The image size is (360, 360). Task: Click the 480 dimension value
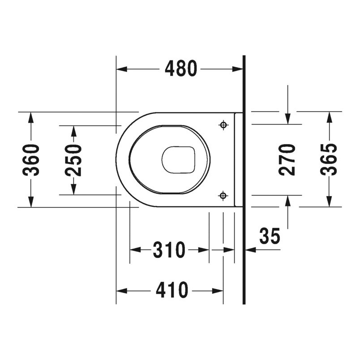pos(181,69)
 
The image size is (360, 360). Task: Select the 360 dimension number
pos(32,160)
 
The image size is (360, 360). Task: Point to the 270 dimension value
pos(287,160)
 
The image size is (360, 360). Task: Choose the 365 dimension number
pos(330,160)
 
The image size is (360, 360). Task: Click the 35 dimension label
pos(269,236)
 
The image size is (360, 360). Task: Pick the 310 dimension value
pos(169,250)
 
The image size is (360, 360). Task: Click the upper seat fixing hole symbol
pos(223,125)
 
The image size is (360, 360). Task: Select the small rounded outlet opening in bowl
pos(179,160)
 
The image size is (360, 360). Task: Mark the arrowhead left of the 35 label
pos(249,250)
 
